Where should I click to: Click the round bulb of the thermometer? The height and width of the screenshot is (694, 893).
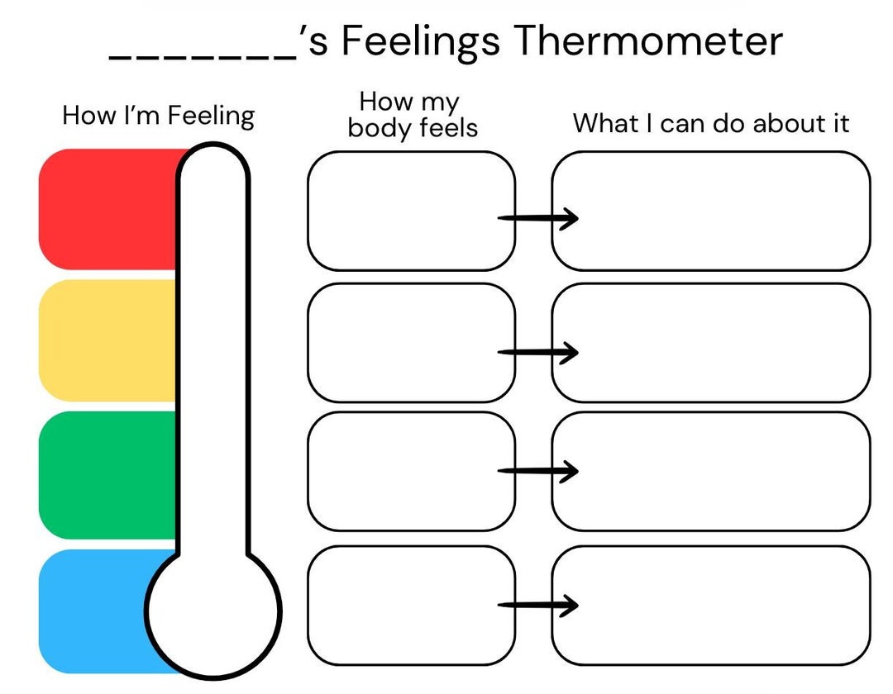point(214,611)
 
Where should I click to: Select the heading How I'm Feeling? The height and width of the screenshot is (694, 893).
point(159,115)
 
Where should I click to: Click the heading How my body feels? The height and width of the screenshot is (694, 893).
point(411,115)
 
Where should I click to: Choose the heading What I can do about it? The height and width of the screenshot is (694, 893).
point(711,123)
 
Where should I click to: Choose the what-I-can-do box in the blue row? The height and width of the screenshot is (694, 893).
point(711,605)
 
